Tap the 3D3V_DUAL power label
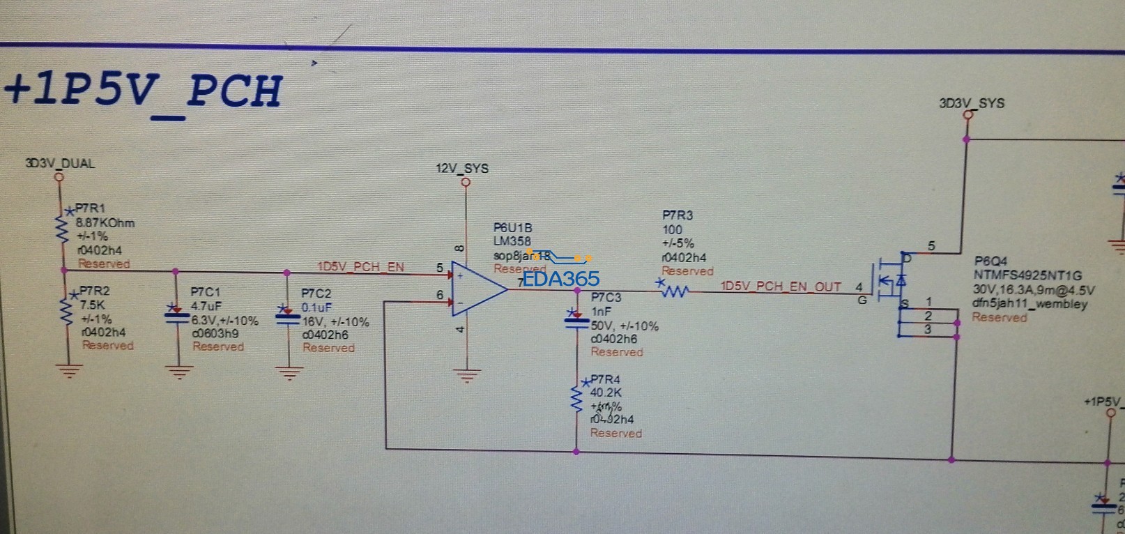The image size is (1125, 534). [59, 164]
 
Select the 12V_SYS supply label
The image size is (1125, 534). [462, 168]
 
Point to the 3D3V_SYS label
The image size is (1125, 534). [972, 103]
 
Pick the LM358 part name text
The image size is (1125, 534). [512, 242]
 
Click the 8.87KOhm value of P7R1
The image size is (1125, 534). [105, 223]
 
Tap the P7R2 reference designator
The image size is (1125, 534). [94, 291]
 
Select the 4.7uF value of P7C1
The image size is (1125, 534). [206, 306]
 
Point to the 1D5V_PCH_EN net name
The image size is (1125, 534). [360, 267]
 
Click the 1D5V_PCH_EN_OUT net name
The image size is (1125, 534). [781, 287]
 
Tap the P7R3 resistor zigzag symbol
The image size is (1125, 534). [674, 291]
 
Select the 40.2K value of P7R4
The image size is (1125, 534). [606, 392]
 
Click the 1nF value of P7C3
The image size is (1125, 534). [601, 312]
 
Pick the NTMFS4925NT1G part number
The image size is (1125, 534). [1027, 275]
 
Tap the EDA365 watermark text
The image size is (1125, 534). [561, 279]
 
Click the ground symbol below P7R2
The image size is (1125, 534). [68, 370]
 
